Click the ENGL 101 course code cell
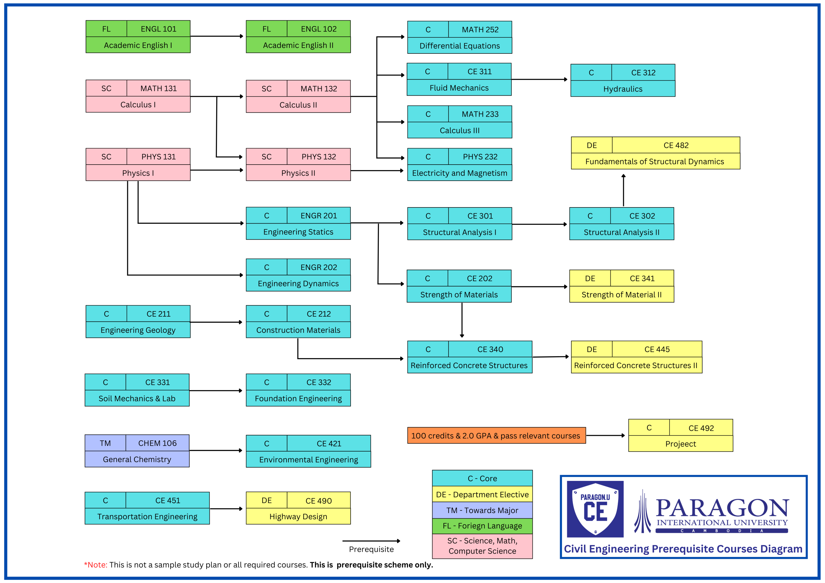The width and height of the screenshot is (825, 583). pyautogui.click(x=159, y=29)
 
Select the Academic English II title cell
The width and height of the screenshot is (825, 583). pyautogui.click(x=298, y=45)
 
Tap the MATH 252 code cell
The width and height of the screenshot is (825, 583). pyautogui.click(x=480, y=29)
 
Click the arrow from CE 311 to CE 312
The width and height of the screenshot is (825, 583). pyautogui.click(x=539, y=79)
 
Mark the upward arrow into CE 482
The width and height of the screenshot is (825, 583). pyautogui.click(x=623, y=190)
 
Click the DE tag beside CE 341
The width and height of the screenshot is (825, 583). pyautogui.click(x=590, y=278)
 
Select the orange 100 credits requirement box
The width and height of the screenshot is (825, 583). pyautogui.click(x=496, y=435)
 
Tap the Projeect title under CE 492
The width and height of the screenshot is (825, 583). pyautogui.click(x=680, y=444)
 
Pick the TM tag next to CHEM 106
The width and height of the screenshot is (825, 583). pyautogui.click(x=105, y=443)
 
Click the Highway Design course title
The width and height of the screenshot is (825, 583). pyautogui.click(x=298, y=516)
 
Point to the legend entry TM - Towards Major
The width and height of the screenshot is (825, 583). pyautogui.click(x=482, y=510)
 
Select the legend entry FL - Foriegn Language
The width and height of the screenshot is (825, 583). pyautogui.click(x=482, y=526)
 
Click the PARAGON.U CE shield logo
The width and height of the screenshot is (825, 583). pyautogui.click(x=595, y=509)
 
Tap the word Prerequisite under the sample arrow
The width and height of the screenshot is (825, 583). pyautogui.click(x=371, y=549)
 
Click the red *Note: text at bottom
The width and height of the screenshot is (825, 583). pyautogui.click(x=96, y=564)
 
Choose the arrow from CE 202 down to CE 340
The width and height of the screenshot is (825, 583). pyautogui.click(x=462, y=320)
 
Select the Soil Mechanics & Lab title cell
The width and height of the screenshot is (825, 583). pyautogui.click(x=137, y=398)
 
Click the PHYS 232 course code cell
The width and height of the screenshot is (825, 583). pyautogui.click(x=480, y=157)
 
